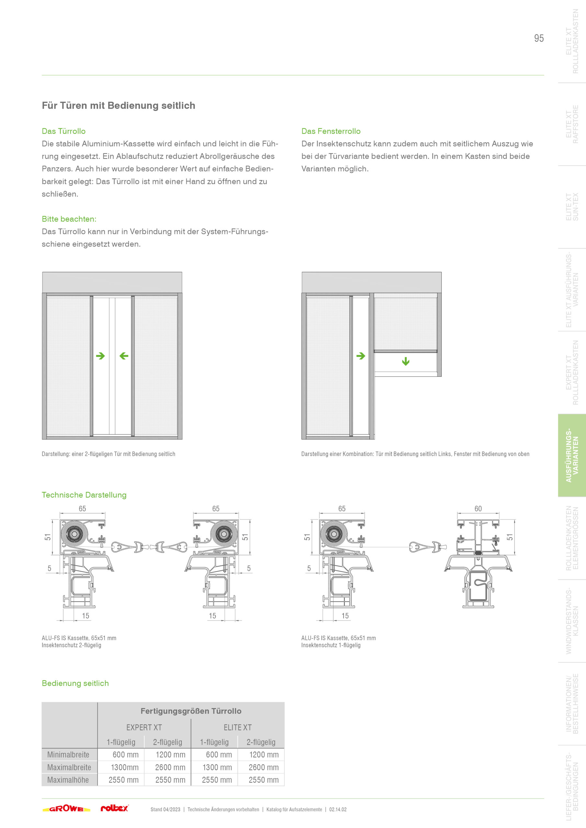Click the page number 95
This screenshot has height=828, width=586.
(x=539, y=38)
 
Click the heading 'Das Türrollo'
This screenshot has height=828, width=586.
(x=63, y=131)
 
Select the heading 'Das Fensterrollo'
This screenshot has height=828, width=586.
(x=331, y=131)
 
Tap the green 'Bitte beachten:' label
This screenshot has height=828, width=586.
(x=69, y=219)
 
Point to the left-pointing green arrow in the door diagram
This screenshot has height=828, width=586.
(x=124, y=356)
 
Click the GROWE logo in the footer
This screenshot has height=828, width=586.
(x=66, y=809)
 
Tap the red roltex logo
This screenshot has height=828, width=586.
(x=114, y=808)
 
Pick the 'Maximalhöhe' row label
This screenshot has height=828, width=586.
(x=68, y=780)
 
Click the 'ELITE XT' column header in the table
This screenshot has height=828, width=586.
(x=238, y=727)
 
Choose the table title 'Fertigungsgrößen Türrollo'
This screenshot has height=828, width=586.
(x=191, y=711)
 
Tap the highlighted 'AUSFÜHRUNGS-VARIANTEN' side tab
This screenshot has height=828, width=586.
(x=572, y=455)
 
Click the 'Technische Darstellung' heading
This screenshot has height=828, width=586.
(x=84, y=495)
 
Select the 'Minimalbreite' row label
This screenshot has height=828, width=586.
(x=68, y=755)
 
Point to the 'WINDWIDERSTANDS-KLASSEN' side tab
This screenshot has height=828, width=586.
(x=572, y=621)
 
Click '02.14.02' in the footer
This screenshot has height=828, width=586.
(x=338, y=809)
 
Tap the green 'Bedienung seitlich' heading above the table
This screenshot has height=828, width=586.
(x=75, y=683)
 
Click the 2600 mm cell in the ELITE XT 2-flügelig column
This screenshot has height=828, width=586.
(x=264, y=767)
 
